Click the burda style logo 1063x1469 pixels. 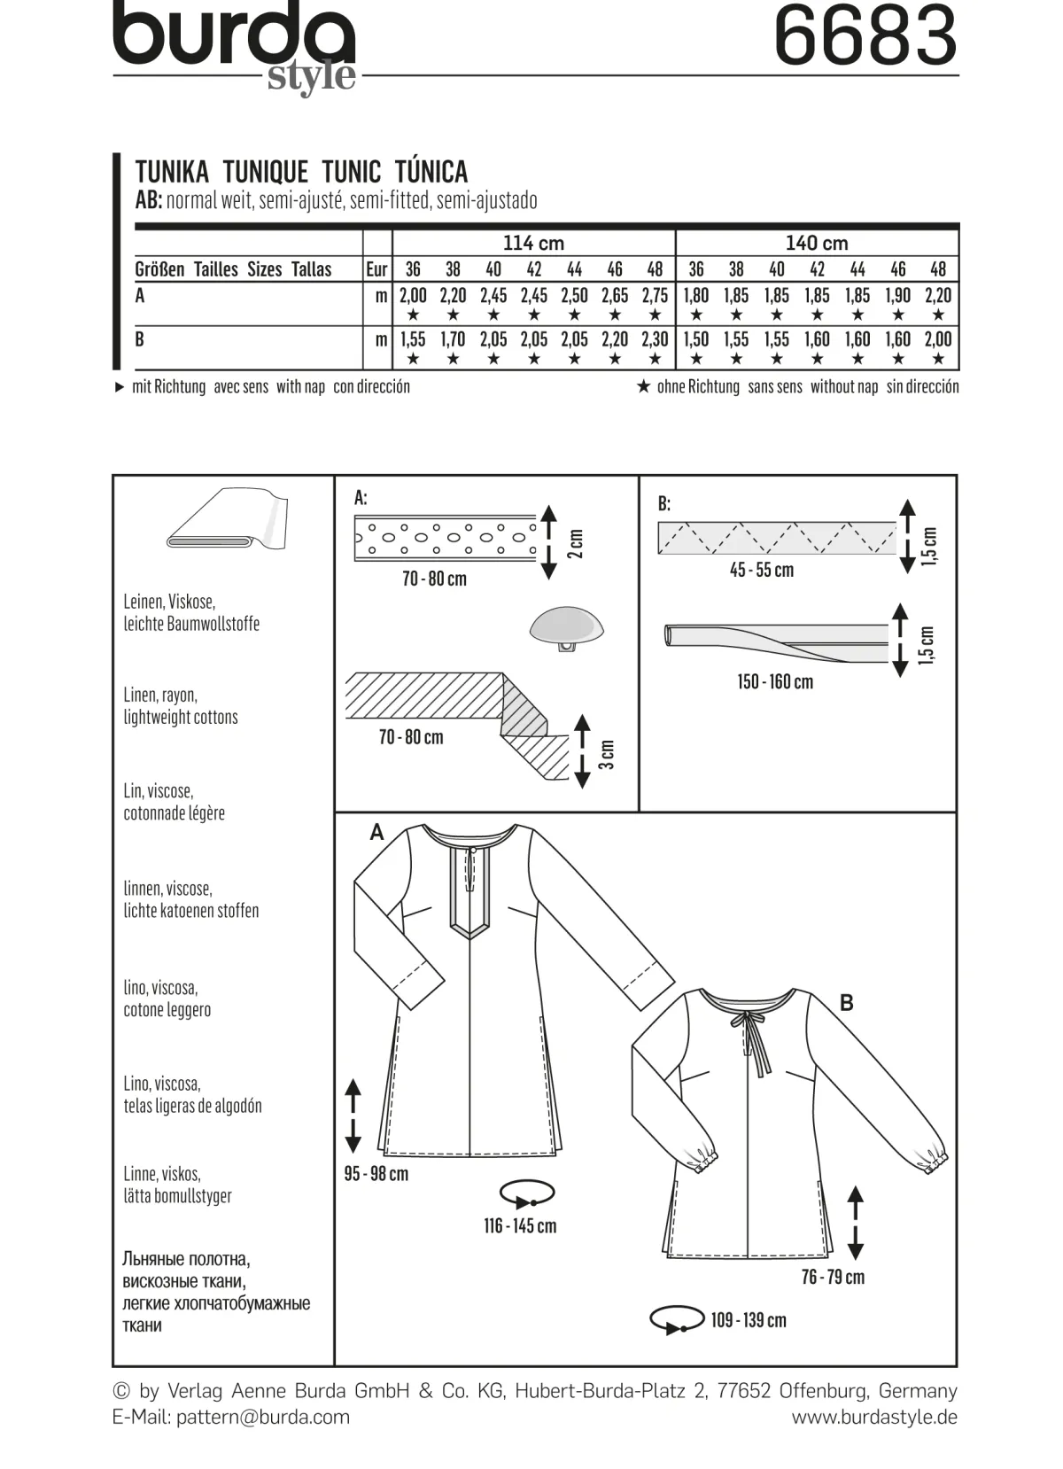[x=234, y=46]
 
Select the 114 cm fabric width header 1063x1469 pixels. [x=533, y=244]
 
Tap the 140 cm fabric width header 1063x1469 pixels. [x=817, y=244]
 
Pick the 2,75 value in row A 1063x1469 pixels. [x=655, y=296]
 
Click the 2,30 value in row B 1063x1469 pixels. [x=655, y=339]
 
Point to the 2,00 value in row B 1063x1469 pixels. [x=938, y=339]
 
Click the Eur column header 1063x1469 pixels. [x=377, y=268]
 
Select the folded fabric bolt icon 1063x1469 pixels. [x=228, y=518]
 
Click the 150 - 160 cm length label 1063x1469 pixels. [x=775, y=682]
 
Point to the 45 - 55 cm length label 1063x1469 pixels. [x=762, y=570]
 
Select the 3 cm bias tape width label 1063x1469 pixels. [x=608, y=755]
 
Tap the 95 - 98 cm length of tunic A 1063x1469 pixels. [x=376, y=1173]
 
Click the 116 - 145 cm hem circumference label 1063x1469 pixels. [x=520, y=1225]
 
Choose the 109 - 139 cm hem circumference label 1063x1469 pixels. [x=749, y=1320]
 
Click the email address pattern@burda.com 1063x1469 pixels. [x=262, y=1418]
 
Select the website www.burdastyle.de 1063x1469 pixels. [x=875, y=1418]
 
